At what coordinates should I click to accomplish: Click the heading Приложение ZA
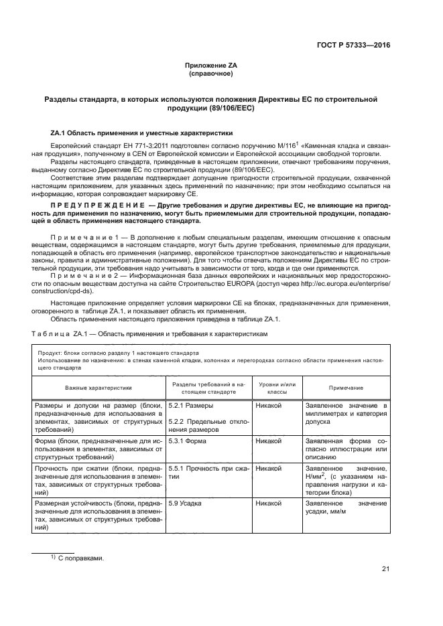click(211, 65)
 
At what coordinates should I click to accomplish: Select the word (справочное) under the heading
click(211, 74)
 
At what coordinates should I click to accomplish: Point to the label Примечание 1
click(82, 237)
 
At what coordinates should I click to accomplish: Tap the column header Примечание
click(346, 388)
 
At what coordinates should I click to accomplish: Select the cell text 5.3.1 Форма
click(188, 442)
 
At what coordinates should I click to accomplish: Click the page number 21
click(385, 569)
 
